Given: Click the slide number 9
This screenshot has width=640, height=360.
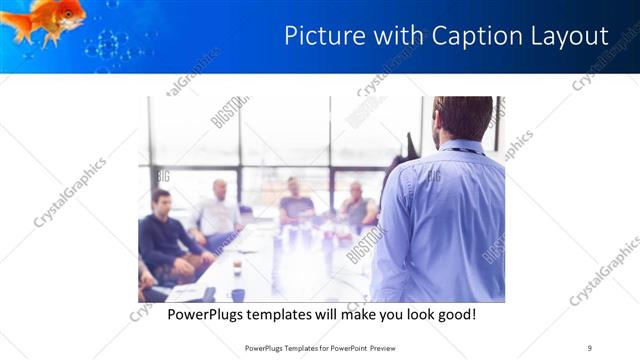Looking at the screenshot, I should [x=590, y=348].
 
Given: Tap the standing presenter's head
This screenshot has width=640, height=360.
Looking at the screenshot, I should [x=462, y=118].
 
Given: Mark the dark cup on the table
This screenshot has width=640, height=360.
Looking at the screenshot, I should [x=238, y=294].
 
